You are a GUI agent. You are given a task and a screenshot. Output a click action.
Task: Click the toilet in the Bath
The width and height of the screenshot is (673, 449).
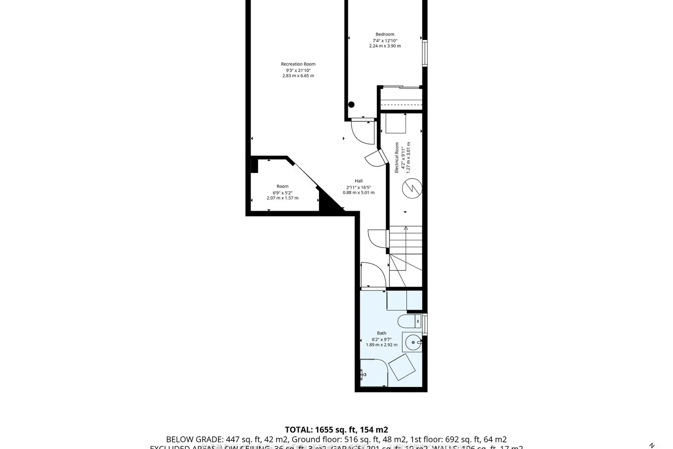(408, 321)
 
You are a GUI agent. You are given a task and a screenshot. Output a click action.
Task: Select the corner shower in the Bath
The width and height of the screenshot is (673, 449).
(372, 373)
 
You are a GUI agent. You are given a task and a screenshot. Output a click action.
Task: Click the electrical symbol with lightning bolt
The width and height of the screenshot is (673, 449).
(411, 188)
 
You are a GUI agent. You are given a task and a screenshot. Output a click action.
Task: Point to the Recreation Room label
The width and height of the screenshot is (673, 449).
(298, 64)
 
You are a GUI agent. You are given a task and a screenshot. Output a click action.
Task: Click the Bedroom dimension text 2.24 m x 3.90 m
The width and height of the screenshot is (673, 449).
(385, 46)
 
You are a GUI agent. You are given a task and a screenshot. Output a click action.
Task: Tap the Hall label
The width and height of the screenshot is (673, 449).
(358, 181)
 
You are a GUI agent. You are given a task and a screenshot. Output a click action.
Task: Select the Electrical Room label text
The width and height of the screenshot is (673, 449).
(397, 158)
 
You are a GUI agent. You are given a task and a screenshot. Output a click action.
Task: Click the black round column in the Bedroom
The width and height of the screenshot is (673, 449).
(351, 105)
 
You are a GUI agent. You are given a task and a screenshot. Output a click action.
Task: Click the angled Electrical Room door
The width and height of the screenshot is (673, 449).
(376, 158)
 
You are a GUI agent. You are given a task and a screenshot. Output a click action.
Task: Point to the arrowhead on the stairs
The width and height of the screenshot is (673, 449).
(406, 229)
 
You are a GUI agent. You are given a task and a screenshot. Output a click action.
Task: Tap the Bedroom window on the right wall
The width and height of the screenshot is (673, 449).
(424, 53)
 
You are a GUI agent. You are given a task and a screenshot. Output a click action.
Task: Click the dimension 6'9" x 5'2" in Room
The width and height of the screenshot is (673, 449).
(282, 192)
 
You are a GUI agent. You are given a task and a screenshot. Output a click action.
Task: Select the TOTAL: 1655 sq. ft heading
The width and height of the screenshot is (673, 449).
(336, 430)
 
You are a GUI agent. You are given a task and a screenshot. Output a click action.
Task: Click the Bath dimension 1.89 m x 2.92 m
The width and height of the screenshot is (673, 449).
(381, 345)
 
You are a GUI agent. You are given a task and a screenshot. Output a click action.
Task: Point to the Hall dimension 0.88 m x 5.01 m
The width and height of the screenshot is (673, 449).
(358, 193)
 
